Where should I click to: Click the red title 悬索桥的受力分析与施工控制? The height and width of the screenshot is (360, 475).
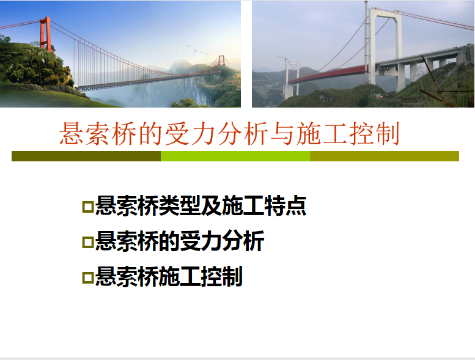pyautogui.click(x=229, y=133)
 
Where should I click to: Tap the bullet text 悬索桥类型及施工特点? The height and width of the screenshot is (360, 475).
pyautogui.click(x=201, y=206)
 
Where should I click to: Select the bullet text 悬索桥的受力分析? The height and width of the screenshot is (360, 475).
pyautogui.click(x=180, y=241)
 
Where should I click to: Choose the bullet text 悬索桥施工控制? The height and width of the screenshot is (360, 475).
pyautogui.click(x=169, y=276)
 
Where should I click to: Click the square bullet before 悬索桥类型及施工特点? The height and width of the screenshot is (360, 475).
pyautogui.click(x=88, y=207)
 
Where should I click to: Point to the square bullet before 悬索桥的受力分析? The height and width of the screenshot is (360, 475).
pyautogui.click(x=88, y=242)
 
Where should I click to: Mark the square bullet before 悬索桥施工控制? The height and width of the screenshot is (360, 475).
pyautogui.click(x=88, y=277)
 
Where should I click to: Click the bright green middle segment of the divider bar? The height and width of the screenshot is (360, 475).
pyautogui.click(x=235, y=156)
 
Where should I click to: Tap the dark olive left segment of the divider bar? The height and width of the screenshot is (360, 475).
pyautogui.click(x=86, y=156)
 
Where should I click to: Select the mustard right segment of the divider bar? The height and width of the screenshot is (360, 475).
pyautogui.click(x=385, y=156)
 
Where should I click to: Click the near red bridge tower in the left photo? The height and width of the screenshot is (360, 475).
pyautogui.click(x=45, y=34)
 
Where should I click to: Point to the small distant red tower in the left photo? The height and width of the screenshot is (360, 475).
pyautogui.click(x=222, y=61)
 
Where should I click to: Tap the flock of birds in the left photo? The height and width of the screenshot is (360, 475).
pyautogui.click(x=192, y=48)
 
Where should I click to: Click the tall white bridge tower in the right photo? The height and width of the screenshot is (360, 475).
pyautogui.click(x=385, y=45)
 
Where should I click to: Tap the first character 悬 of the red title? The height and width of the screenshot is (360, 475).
pyautogui.click(x=72, y=133)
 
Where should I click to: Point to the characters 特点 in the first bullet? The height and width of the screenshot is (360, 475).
pyautogui.click(x=285, y=206)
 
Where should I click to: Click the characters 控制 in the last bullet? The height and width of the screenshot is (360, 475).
pyautogui.click(x=222, y=276)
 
